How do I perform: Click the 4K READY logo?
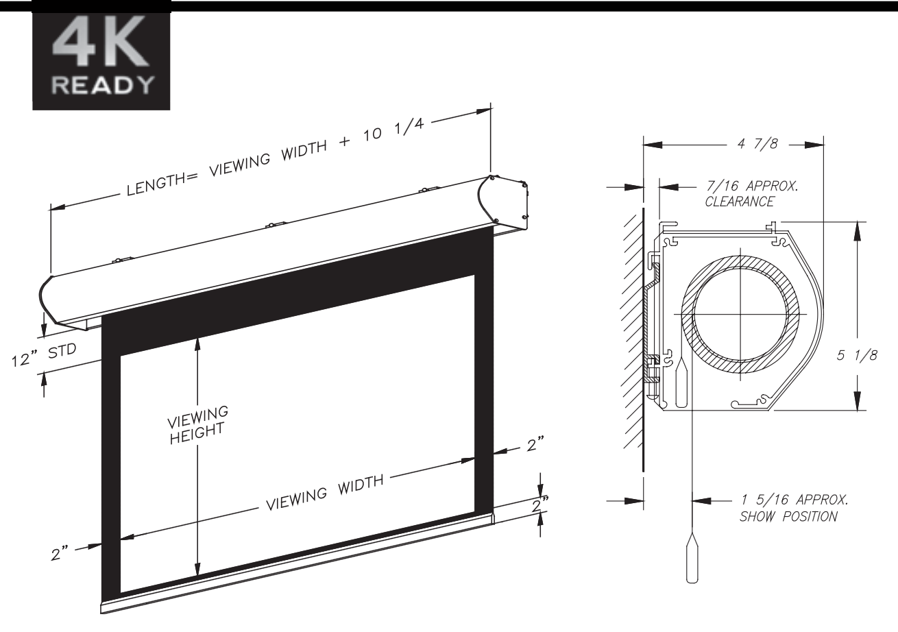[101, 61]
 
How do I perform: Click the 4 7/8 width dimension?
[757, 144]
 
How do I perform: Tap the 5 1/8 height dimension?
[857, 355]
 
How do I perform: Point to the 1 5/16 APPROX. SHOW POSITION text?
[794, 508]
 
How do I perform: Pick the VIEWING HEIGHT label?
[197, 425]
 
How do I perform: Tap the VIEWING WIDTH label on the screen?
[325, 493]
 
